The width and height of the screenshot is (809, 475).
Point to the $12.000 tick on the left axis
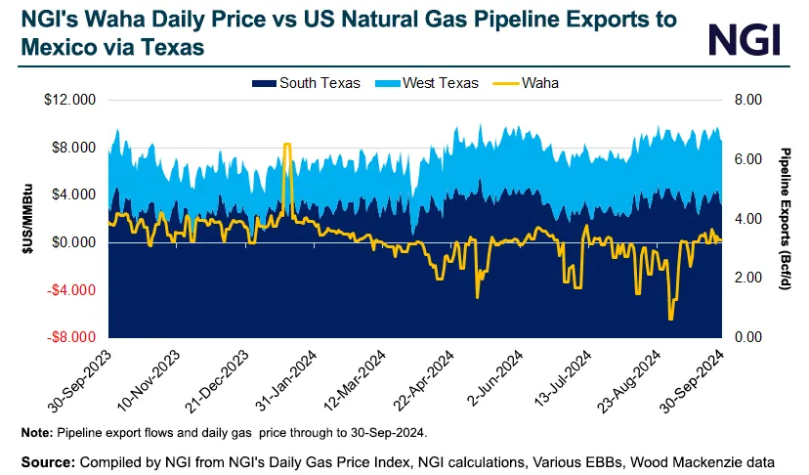pos(70,101)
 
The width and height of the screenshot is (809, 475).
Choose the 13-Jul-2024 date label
pos(563,376)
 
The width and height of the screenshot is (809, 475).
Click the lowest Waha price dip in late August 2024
pos(670,319)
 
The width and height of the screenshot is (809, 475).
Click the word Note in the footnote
pos(35,431)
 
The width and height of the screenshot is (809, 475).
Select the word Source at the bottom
pos(45,458)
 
